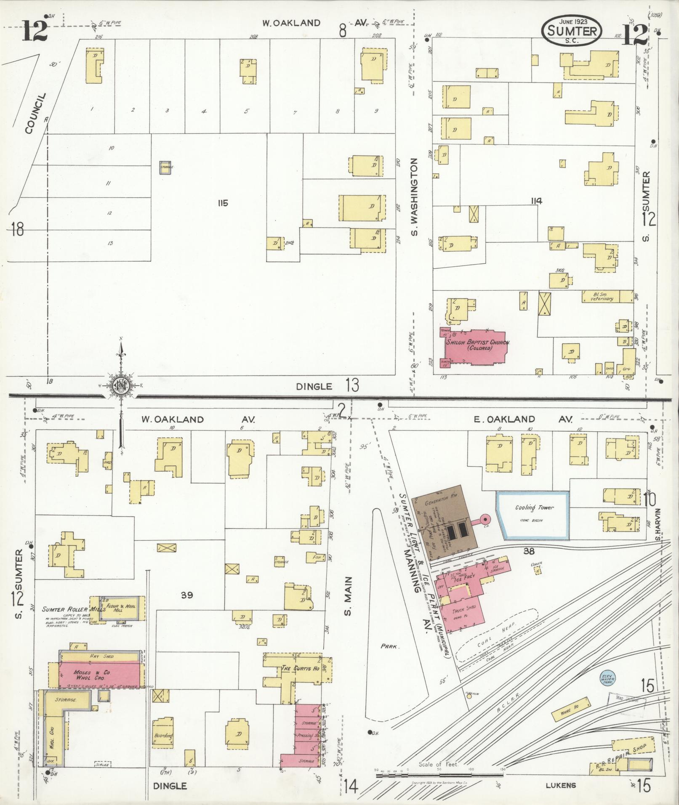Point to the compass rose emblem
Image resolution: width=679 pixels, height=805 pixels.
(121, 385)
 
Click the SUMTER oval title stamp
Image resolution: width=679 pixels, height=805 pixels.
(571, 30)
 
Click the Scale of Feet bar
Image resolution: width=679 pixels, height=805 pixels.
(440, 773)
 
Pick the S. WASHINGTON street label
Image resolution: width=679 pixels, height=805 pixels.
(414, 197)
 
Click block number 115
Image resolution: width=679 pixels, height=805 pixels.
(223, 203)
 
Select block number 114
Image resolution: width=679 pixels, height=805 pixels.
(536, 201)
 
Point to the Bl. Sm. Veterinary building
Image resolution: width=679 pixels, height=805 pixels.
(607, 296)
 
